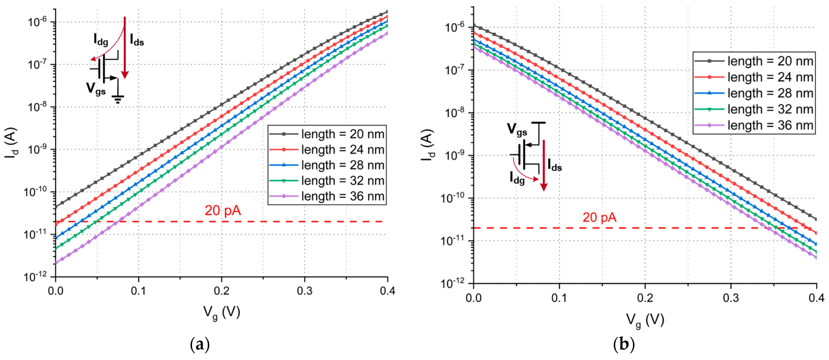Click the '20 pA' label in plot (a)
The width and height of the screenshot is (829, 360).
(x=223, y=211)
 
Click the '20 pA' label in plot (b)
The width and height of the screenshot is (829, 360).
(x=599, y=217)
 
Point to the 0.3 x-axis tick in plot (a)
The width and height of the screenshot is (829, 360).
(x=305, y=291)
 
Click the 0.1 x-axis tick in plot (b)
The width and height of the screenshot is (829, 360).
(x=559, y=298)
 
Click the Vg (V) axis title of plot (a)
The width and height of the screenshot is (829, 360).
(x=221, y=312)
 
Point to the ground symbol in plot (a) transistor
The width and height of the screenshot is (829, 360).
(x=118, y=99)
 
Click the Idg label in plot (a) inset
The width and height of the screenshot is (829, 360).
(x=101, y=40)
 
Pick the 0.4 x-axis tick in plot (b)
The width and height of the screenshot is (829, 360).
(x=816, y=298)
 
